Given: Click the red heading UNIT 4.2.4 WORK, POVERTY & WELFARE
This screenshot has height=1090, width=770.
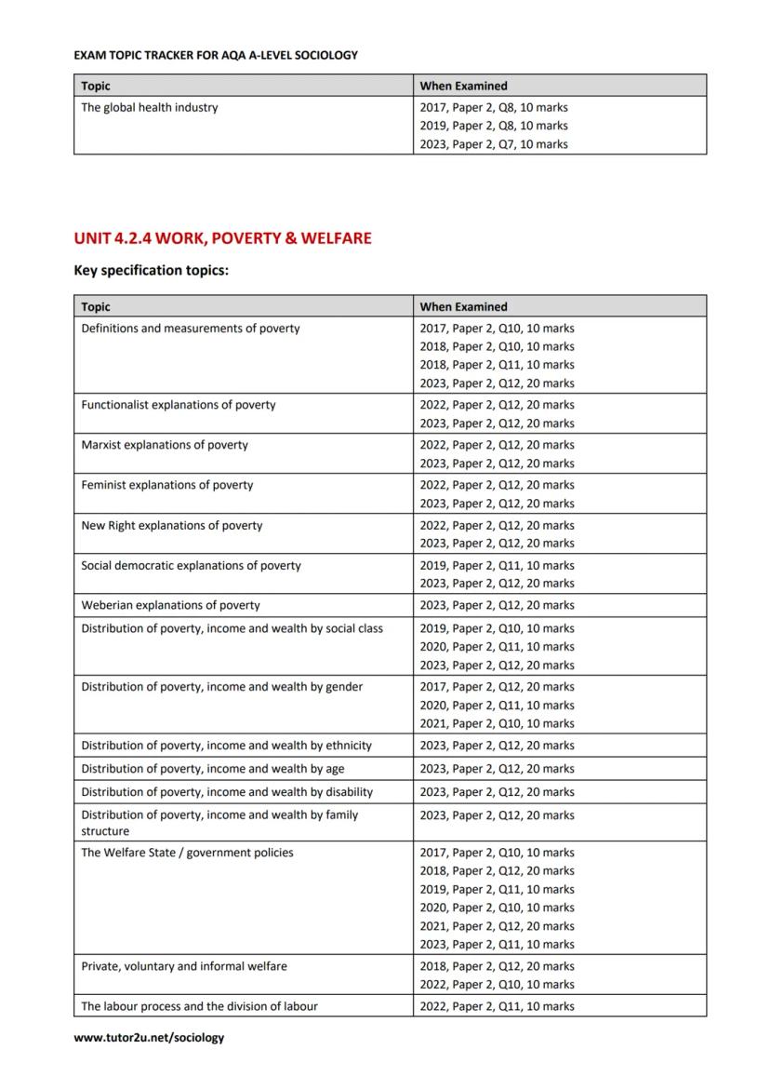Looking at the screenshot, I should pyautogui.click(x=222, y=238).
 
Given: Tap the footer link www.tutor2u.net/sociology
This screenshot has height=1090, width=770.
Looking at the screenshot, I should pyautogui.click(x=149, y=1037).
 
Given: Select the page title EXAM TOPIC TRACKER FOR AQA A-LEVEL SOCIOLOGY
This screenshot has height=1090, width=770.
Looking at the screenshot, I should pyautogui.click(x=216, y=55).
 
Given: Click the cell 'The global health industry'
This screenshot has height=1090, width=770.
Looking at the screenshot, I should pyautogui.click(x=150, y=107).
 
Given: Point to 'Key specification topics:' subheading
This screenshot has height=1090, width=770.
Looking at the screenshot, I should pyautogui.click(x=151, y=271).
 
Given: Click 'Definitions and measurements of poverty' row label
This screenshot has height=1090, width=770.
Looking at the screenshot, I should pyautogui.click(x=191, y=329).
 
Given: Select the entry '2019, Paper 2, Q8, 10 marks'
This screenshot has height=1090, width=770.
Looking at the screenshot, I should pyautogui.click(x=494, y=126).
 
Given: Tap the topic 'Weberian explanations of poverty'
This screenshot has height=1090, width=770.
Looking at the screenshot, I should pyautogui.click(x=170, y=605).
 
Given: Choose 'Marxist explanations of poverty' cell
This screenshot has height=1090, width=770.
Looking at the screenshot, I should pyautogui.click(x=165, y=445).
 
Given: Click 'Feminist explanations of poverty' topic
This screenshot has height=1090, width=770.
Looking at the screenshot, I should pyautogui.click(x=166, y=485).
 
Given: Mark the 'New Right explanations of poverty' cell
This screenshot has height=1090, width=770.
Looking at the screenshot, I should pyautogui.click(x=172, y=525).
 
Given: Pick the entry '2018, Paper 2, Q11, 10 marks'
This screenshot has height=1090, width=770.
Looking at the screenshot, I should pyautogui.click(x=497, y=365).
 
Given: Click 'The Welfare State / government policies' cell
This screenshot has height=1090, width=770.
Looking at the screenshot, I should pyautogui.click(x=187, y=853).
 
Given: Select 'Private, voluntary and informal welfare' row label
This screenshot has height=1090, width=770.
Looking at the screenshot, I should pyautogui.click(x=184, y=966).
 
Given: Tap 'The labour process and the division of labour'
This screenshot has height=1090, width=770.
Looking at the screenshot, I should pyautogui.click(x=199, y=1006).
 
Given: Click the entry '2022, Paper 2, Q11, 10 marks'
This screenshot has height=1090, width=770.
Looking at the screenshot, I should pyautogui.click(x=497, y=1006).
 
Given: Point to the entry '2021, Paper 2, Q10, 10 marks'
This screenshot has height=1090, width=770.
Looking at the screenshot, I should pyautogui.click(x=497, y=723).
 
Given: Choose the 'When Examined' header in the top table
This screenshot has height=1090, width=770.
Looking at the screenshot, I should pyautogui.click(x=463, y=86).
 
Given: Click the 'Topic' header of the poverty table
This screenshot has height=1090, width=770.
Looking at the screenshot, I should pyautogui.click(x=96, y=306).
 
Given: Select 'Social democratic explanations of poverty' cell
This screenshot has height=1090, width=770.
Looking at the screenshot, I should pyautogui.click(x=191, y=565).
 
